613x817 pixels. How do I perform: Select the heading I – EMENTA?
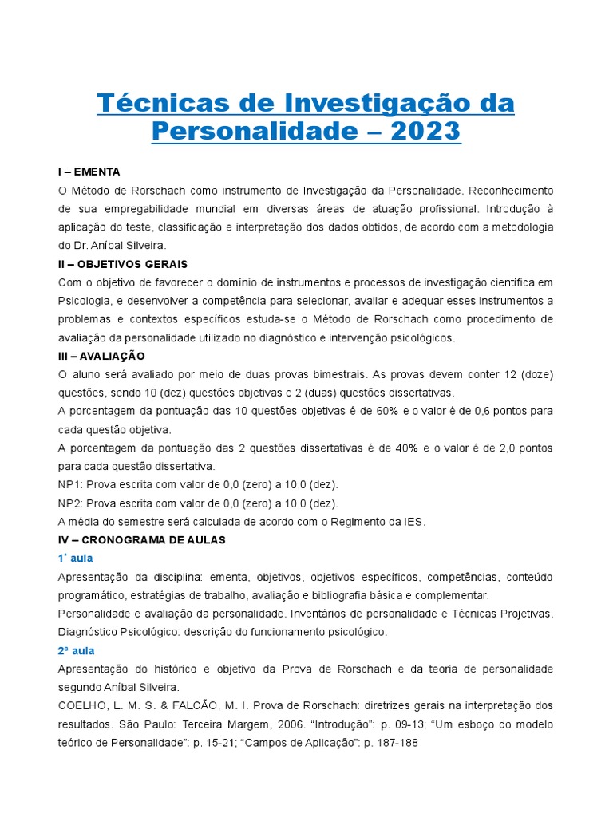tap(89, 172)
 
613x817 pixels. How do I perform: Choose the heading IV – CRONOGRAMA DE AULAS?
tap(142, 539)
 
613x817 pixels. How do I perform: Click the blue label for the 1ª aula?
tap(76, 558)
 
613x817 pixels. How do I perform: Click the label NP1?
tap(70, 484)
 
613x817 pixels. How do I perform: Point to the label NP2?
tap(70, 503)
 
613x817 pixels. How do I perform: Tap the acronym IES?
tap(413, 521)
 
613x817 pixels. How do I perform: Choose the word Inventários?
tap(321, 613)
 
